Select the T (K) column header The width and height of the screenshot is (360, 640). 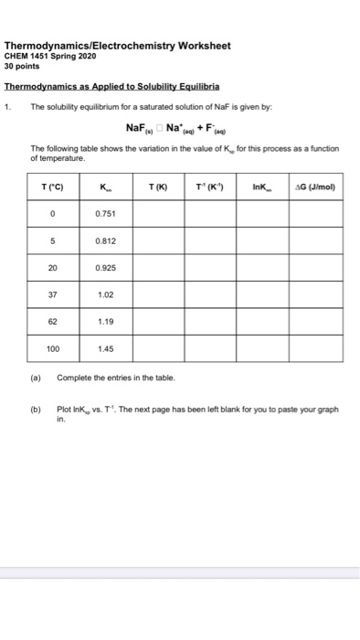click(156, 187)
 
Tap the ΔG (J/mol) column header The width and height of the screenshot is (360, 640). click(313, 187)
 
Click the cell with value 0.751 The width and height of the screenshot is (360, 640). click(104, 213)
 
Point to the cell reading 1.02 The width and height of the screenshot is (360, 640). click(104, 295)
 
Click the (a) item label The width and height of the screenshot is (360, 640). click(36, 377)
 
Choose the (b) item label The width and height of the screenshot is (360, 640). click(36, 410)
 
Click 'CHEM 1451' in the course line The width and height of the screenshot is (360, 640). click(27, 55)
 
